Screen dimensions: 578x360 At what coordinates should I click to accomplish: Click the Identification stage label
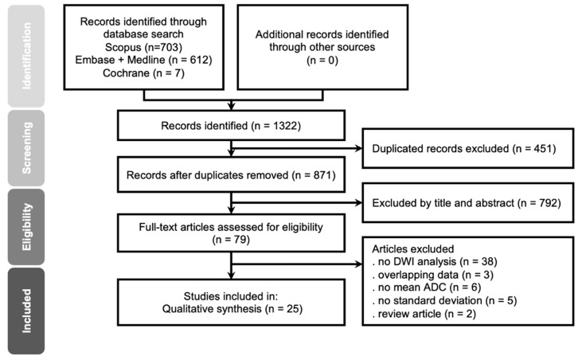coord(26,56)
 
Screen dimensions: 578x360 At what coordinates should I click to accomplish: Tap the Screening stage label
coord(26,148)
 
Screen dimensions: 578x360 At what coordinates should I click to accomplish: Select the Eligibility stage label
coord(26,227)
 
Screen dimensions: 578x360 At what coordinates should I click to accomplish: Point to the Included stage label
coord(26,311)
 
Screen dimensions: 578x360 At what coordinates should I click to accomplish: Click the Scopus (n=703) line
coord(143,47)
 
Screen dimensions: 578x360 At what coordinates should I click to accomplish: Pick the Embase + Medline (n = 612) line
coord(143,60)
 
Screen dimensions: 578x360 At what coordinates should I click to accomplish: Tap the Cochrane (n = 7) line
coord(143,73)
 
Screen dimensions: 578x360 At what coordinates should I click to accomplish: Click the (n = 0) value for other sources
coord(322,60)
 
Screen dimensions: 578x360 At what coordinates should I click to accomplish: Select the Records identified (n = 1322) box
coord(231,125)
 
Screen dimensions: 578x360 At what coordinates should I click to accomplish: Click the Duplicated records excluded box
coord(468,148)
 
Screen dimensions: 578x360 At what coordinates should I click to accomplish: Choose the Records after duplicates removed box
coord(231,174)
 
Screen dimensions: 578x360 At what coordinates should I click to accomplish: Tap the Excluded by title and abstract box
coord(468,202)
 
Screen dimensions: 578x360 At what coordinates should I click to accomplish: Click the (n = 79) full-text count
coord(231,240)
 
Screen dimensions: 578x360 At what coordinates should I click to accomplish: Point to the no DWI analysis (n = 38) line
coord(435,261)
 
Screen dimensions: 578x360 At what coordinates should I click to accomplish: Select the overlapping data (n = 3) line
coord(433,275)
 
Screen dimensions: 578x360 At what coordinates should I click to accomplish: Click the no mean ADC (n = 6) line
coord(427,288)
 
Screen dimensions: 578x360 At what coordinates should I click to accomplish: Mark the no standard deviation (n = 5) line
coord(444,300)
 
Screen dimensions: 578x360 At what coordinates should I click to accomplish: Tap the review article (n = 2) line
coord(424,314)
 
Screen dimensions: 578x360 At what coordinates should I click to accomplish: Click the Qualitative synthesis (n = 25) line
coord(232,309)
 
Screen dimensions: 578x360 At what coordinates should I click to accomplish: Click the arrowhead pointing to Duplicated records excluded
coord(358,148)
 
